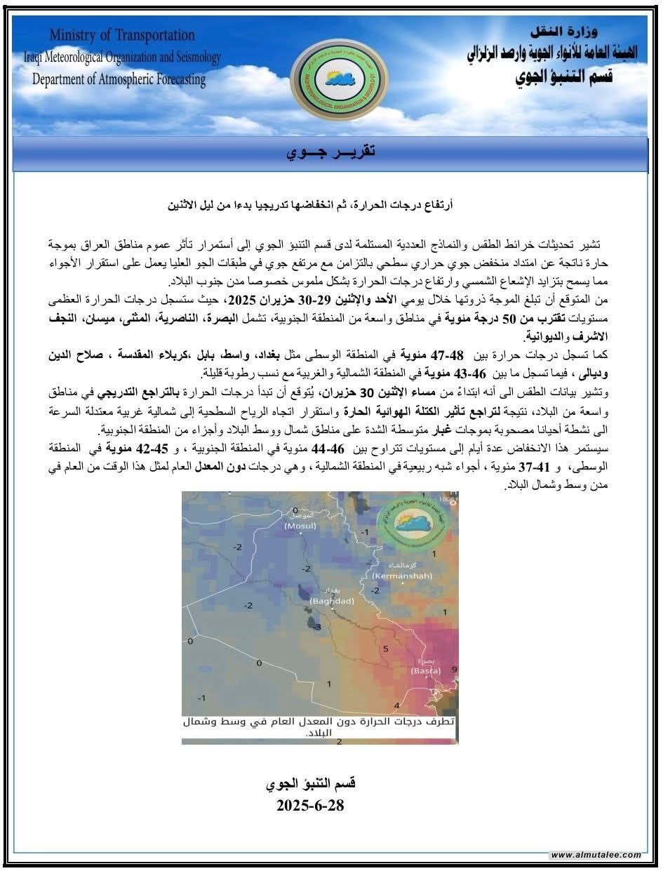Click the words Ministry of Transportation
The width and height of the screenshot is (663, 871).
click(x=122, y=35)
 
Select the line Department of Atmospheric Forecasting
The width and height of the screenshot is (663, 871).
click(x=119, y=79)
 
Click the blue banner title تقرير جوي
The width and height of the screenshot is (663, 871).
click(x=330, y=153)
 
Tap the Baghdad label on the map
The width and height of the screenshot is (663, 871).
click(x=333, y=601)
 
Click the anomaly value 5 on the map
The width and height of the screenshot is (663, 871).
click(x=385, y=649)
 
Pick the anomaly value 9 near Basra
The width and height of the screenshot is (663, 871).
click(x=454, y=670)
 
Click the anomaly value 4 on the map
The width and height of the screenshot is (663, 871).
click(x=396, y=705)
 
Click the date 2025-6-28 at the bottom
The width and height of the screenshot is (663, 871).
click(x=310, y=805)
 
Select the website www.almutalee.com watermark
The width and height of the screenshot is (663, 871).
click(x=596, y=854)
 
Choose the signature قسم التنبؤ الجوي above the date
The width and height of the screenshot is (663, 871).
click(x=311, y=783)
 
